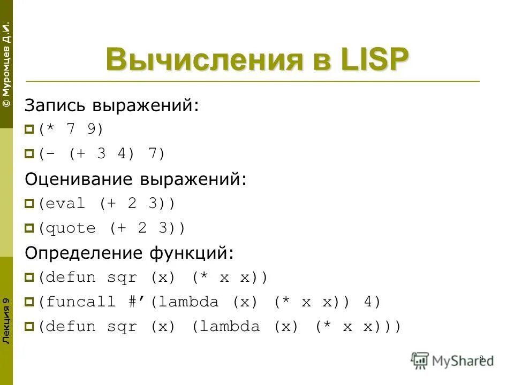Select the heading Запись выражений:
tap(111, 105)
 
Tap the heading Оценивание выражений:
tap(136, 179)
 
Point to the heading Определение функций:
tap(129, 252)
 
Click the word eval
tap(65, 204)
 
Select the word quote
tap(71, 228)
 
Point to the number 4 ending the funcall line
tap(368, 302)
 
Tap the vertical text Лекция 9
tap(6, 321)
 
